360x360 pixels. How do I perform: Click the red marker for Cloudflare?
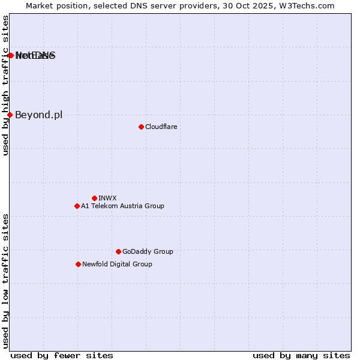click(x=141, y=127)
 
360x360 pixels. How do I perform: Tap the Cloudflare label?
click(x=161, y=127)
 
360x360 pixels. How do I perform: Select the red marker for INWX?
click(x=94, y=198)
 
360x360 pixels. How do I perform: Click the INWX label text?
click(x=107, y=198)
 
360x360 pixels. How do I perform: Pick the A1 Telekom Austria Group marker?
click(x=77, y=206)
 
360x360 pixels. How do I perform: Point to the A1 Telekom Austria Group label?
click(x=122, y=206)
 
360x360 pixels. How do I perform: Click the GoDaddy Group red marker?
click(x=118, y=251)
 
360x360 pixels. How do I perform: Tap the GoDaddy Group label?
click(x=148, y=251)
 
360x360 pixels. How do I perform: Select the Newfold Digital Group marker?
click(x=78, y=264)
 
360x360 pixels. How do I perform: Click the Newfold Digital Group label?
click(x=117, y=264)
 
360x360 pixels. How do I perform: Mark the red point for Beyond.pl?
click(x=10, y=115)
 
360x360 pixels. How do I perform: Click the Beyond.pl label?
click(x=38, y=115)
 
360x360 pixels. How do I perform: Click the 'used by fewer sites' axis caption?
click(x=62, y=355)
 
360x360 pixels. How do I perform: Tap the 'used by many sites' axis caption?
click(x=301, y=355)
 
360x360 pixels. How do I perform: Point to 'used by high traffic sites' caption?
click(x=6, y=86)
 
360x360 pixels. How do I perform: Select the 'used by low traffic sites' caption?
click(x=6, y=280)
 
